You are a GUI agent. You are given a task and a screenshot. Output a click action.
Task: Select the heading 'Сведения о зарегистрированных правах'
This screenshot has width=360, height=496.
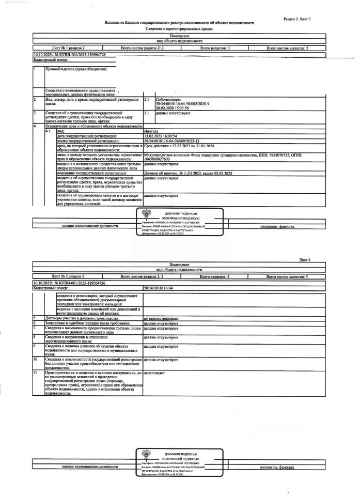tap(179, 30)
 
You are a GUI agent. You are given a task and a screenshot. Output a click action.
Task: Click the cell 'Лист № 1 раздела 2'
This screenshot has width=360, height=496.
tap(68, 47)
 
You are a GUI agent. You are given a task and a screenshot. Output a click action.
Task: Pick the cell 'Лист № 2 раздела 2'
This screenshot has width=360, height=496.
tap(68, 277)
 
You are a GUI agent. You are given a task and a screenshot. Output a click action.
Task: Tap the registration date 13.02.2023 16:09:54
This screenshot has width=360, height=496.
tap(161, 136)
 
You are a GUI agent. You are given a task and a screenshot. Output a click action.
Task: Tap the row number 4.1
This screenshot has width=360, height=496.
tap(48, 131)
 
